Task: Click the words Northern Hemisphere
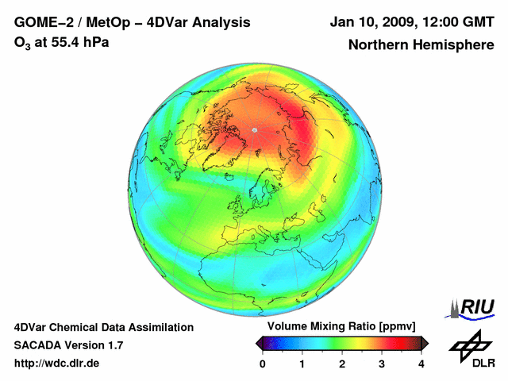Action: click(x=421, y=45)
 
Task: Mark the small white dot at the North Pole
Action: click(x=254, y=129)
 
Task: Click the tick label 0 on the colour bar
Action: click(x=263, y=364)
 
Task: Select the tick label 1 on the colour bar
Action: click(x=302, y=364)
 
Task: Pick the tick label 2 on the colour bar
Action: click(x=342, y=364)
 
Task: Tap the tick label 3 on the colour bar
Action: click(x=382, y=364)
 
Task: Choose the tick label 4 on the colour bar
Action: click(x=421, y=364)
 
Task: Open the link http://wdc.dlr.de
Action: click(x=57, y=364)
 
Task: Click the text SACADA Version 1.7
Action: click(x=68, y=345)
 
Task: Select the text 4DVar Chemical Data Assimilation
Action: click(x=103, y=327)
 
